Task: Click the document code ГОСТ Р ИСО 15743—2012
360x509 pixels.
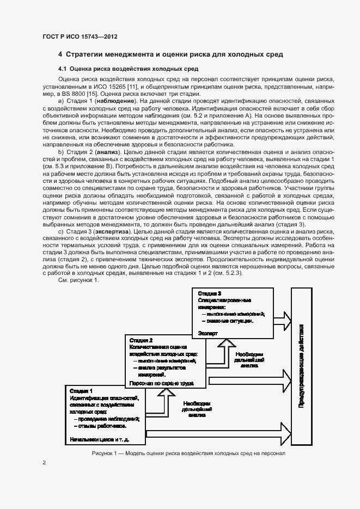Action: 80,37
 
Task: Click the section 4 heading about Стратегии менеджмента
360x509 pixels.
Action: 170,54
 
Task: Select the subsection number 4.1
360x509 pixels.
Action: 63,69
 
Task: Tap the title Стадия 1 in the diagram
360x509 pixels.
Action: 81,391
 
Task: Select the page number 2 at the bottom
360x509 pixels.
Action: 44,463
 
